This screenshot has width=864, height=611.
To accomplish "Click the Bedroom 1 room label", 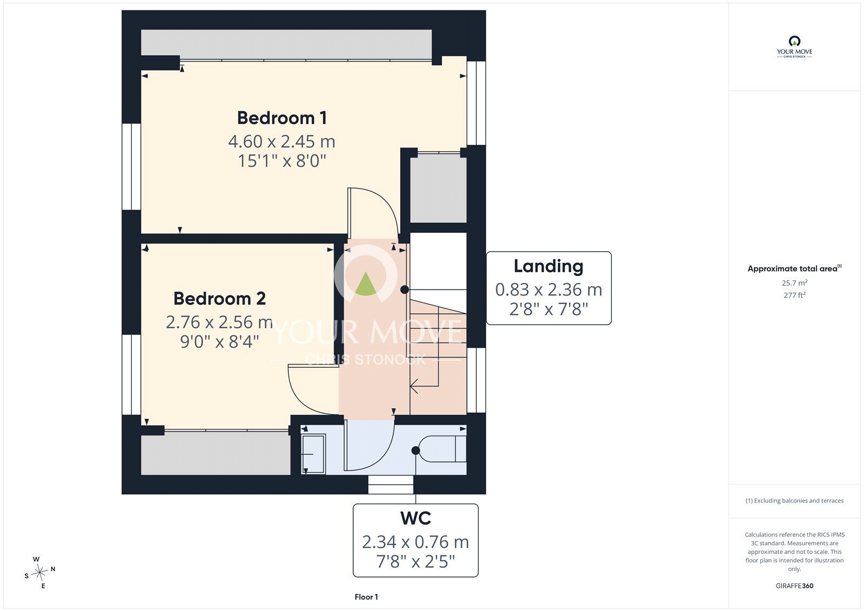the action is click(x=282, y=118).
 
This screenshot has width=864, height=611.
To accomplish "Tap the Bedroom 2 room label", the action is click(x=219, y=298).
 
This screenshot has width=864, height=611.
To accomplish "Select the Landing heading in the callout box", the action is click(x=549, y=266).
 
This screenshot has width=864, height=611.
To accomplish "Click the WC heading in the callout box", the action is click(x=415, y=518).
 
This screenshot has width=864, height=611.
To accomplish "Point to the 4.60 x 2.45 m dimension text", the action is click(x=281, y=141).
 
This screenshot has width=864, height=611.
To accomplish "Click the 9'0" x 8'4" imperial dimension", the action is click(x=219, y=341).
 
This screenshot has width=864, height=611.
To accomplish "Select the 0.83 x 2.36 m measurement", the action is click(x=549, y=290).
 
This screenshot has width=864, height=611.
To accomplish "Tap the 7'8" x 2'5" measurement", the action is click(x=415, y=562).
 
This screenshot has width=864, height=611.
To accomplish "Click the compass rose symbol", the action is click(x=39, y=573).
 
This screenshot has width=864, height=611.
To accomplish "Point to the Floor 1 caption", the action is click(x=366, y=597).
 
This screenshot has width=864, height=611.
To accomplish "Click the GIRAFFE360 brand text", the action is click(x=794, y=586).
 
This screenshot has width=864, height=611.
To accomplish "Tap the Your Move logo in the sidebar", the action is click(x=794, y=47).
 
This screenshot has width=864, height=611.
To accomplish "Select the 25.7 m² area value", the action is click(x=794, y=283).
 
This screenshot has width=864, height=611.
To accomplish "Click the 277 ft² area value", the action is click(x=794, y=295).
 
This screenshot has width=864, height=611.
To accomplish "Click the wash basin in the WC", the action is click(x=313, y=453).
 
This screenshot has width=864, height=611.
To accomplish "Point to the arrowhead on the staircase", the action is click(x=414, y=386).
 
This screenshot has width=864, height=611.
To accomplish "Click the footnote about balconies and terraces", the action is click(x=794, y=501).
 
